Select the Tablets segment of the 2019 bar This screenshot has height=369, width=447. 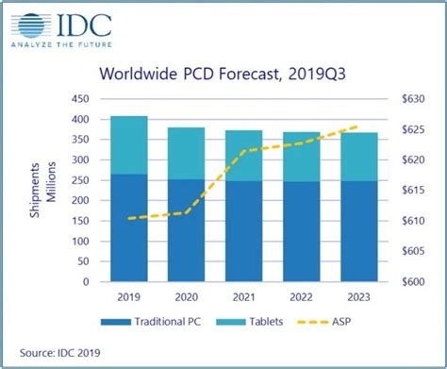129,145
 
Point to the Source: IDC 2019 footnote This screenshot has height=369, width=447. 58,353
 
